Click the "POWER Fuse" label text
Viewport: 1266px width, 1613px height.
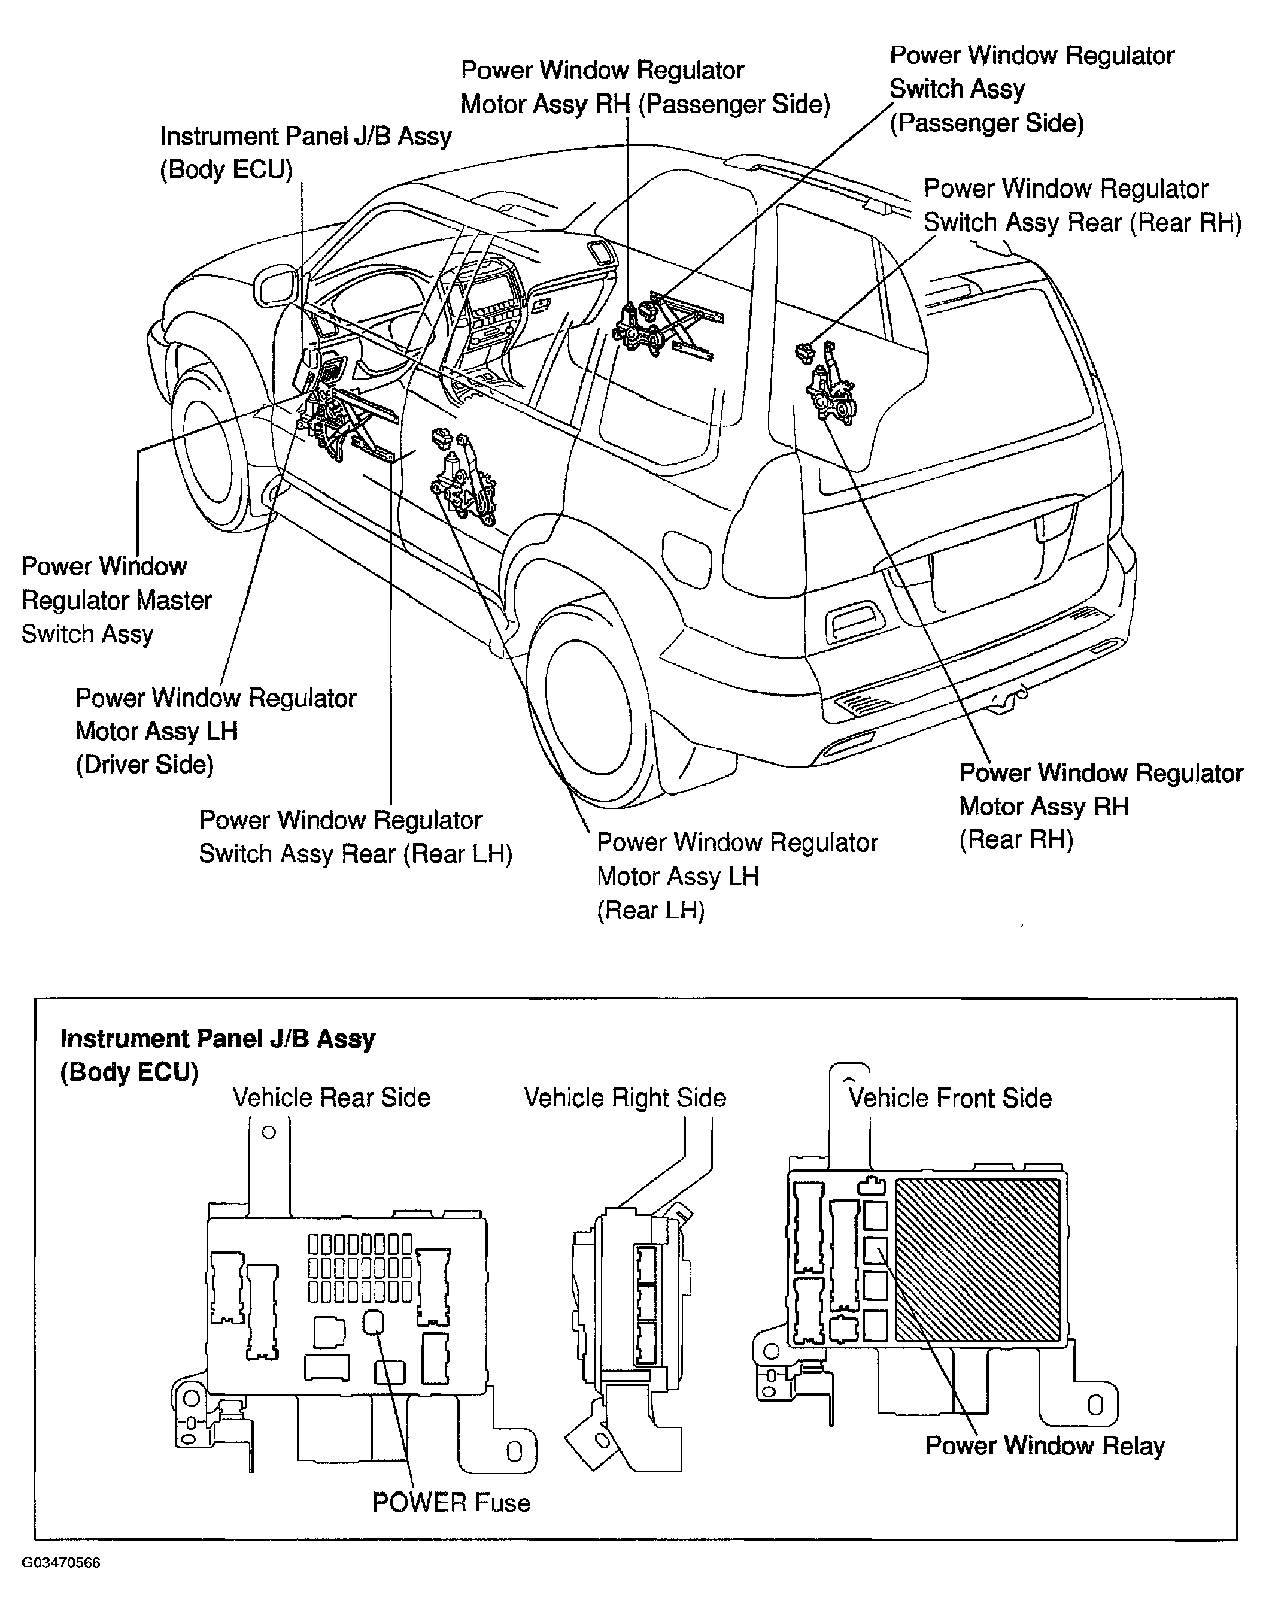[451, 1503]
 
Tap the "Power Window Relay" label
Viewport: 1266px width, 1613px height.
[1045, 1445]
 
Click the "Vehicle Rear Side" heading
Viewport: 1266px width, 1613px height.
[332, 1097]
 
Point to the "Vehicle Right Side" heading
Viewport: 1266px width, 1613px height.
[625, 1097]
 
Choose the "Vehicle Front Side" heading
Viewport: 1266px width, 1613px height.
[950, 1097]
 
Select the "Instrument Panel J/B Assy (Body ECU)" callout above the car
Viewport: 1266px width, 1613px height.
[305, 153]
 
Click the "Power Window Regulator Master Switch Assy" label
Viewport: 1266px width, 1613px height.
[116, 600]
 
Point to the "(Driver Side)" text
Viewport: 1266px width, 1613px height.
[144, 764]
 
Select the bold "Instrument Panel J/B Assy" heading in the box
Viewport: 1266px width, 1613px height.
[217, 1039]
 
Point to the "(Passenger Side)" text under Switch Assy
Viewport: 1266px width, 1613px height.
[986, 122]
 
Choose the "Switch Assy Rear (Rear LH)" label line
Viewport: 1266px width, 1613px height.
[356, 853]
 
